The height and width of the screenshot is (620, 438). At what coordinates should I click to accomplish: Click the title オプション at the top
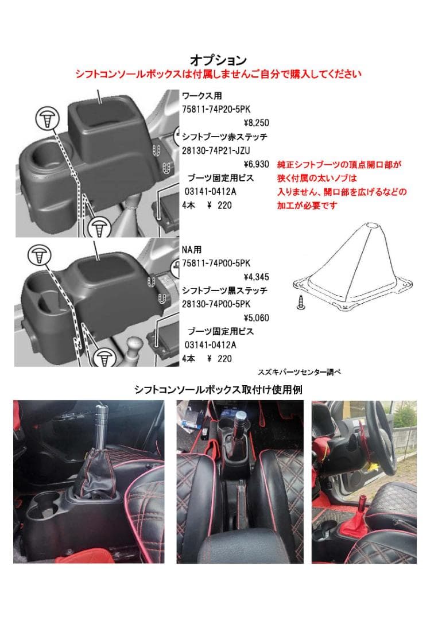tap(218, 60)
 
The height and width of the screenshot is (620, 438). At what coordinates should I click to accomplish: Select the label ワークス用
tap(201, 95)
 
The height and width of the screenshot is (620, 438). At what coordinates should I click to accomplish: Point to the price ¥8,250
tap(256, 123)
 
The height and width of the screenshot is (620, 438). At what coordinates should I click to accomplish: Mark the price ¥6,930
tap(256, 164)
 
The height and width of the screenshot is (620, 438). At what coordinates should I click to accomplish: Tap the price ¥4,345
tap(256, 277)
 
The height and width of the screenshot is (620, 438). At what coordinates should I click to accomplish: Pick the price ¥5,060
tap(256, 317)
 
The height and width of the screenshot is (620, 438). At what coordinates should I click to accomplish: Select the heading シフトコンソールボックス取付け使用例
tap(218, 389)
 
